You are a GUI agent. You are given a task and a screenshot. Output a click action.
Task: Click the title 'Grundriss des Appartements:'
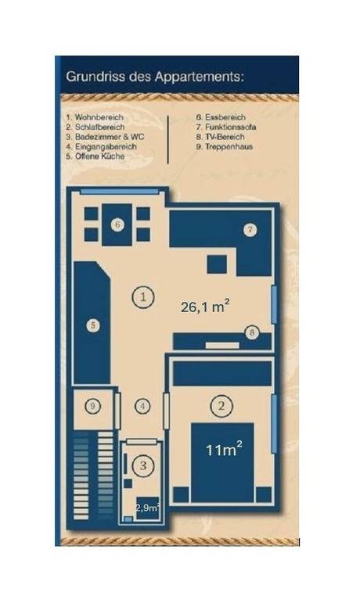[155, 77]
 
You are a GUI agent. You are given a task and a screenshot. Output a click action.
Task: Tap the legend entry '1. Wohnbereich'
[95, 117]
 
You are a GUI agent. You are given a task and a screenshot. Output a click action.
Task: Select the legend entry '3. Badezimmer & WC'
[106, 136]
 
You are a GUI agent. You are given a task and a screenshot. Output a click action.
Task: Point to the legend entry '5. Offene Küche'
[95, 156]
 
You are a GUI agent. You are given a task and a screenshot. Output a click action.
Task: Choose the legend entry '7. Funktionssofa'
[226, 127]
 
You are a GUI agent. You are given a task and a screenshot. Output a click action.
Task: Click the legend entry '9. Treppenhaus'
[225, 146]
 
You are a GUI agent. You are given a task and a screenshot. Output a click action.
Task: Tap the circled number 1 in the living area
[143, 296]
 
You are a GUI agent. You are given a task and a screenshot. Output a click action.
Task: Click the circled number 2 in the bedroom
[221, 406]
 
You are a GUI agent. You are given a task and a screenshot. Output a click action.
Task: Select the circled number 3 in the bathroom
[143, 465]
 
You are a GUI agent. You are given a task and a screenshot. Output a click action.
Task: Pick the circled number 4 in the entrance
[142, 407]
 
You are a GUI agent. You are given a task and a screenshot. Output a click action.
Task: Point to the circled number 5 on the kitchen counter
[93, 325]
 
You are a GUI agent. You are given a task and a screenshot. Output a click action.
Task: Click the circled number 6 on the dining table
[117, 224]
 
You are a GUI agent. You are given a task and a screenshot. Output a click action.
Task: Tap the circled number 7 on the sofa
[250, 230]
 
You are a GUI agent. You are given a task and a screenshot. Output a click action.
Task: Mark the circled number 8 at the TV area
[251, 333]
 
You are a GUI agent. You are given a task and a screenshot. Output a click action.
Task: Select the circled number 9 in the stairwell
[93, 407]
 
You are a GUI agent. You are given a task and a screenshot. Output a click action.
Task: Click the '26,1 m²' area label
[205, 306]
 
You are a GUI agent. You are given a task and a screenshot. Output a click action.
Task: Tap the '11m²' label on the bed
[224, 450]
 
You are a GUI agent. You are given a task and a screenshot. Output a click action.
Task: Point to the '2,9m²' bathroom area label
[147, 508]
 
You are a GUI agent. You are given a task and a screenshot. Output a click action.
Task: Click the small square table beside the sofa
[217, 264]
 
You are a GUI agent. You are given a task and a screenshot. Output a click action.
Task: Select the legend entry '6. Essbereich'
[221, 117]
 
